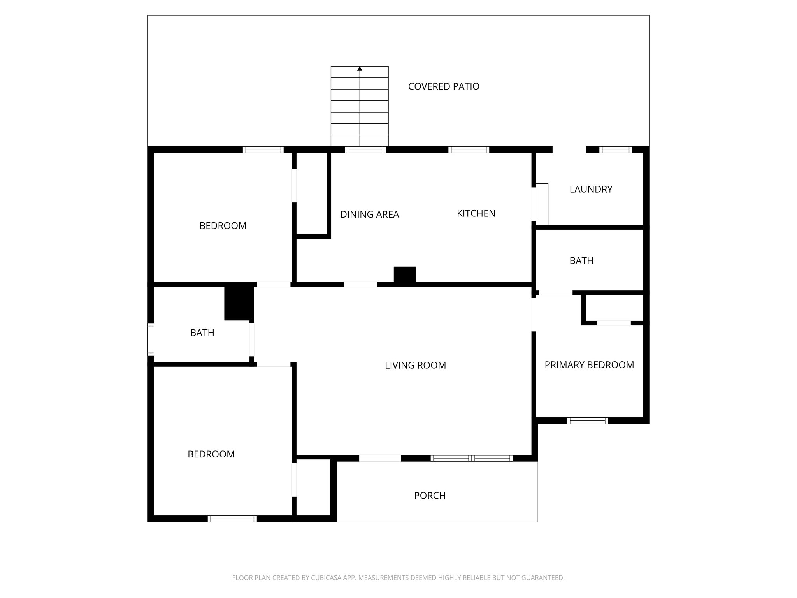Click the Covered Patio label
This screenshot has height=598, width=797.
444,86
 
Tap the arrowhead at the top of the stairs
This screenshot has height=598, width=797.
360,69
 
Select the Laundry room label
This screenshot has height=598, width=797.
591,189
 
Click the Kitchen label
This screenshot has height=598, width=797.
476,213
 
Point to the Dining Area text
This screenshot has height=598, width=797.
369,214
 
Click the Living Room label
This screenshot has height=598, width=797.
415,365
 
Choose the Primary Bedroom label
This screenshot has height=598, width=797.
589,365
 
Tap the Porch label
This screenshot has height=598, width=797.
430,496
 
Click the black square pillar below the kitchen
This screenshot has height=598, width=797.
405,274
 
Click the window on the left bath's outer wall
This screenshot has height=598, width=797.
151,339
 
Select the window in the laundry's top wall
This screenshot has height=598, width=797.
615,149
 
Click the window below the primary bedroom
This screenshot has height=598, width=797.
587,420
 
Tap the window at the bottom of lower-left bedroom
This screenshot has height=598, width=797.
232,519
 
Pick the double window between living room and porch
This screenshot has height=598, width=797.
471,458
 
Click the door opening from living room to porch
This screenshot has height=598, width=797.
380,458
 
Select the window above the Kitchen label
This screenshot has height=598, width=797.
469,149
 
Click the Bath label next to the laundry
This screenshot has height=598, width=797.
581,261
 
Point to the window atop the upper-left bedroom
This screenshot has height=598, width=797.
263,149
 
